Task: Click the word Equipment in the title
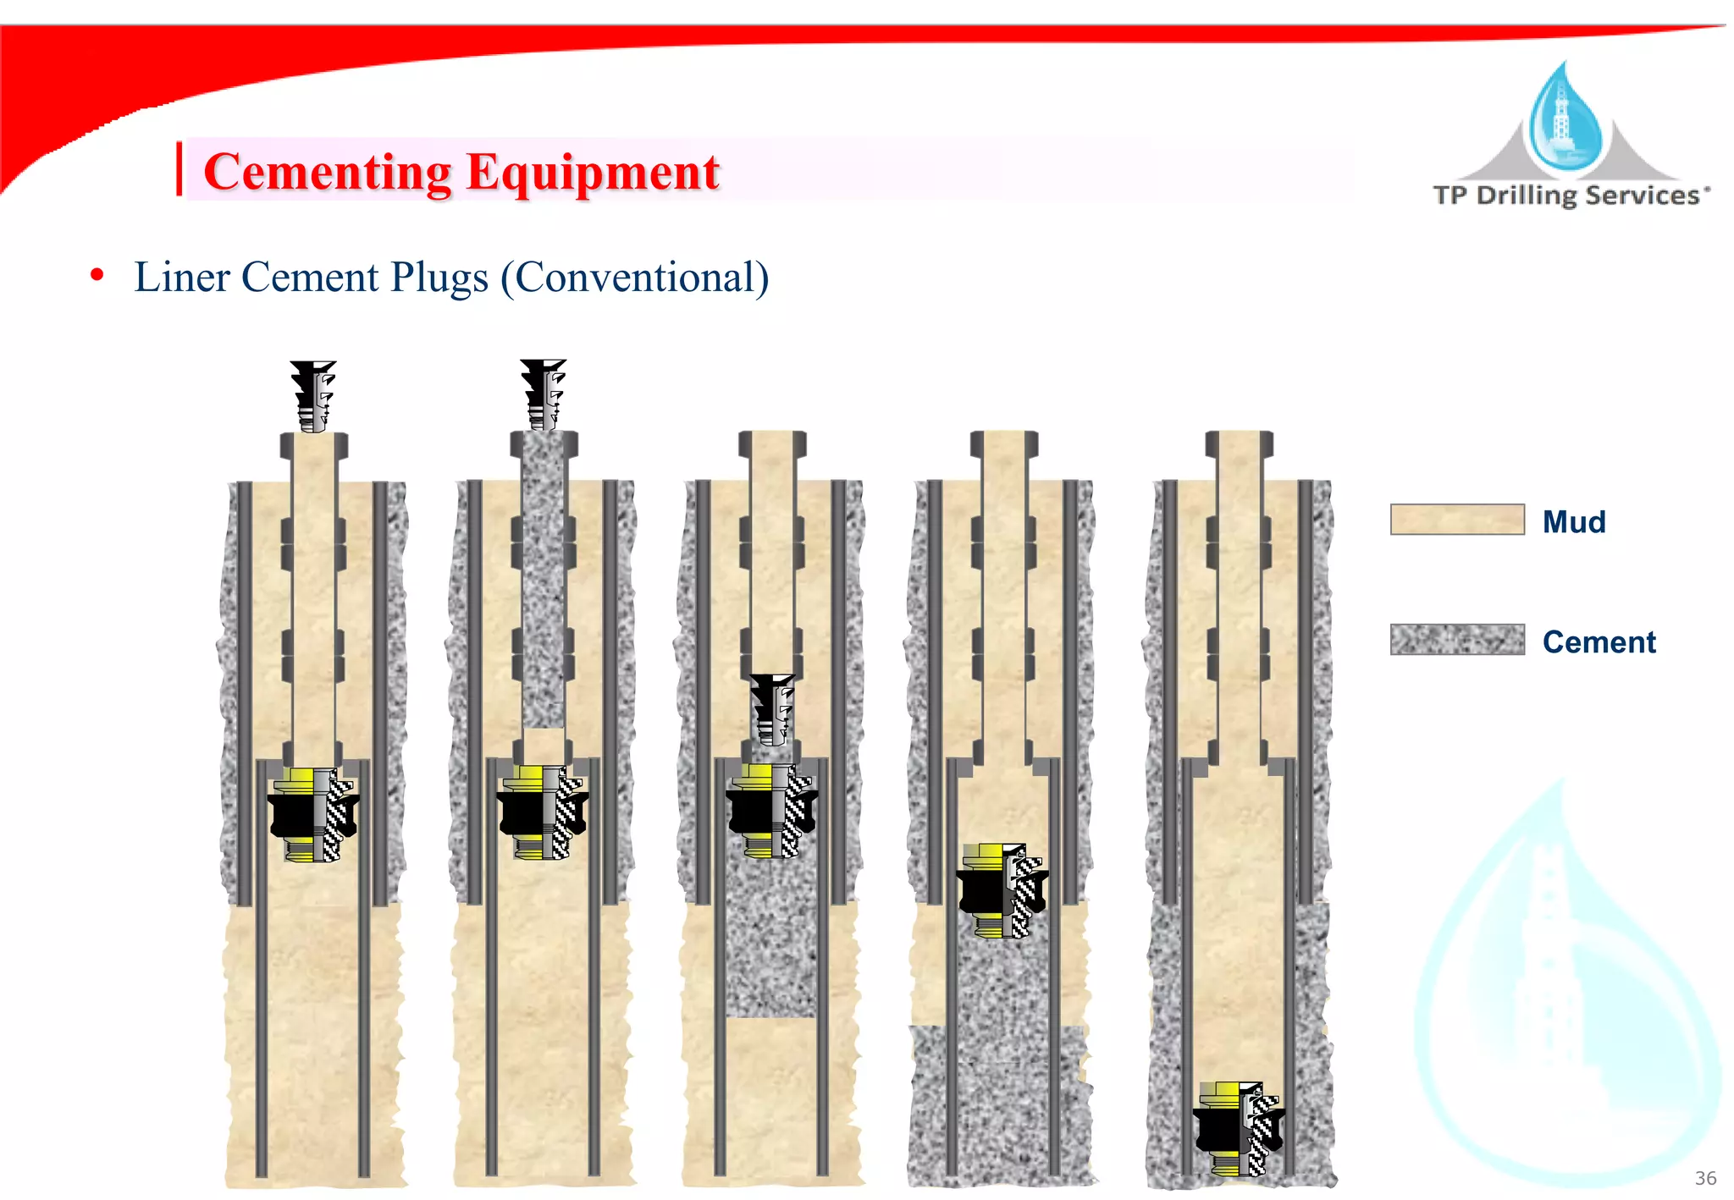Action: click(x=592, y=173)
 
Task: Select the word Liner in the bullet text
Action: click(x=181, y=278)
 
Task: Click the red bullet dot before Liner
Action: click(x=97, y=275)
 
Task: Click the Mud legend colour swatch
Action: click(x=1456, y=520)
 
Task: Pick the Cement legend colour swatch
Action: click(x=1456, y=640)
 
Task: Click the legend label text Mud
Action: click(x=1573, y=522)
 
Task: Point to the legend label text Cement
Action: click(x=1599, y=642)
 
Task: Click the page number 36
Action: click(x=1705, y=1178)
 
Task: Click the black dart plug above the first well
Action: click(x=313, y=395)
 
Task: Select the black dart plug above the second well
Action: click(x=543, y=394)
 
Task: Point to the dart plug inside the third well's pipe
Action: click(x=772, y=708)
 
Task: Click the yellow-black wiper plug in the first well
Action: click(x=313, y=815)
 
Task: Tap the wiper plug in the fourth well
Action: click(x=1002, y=890)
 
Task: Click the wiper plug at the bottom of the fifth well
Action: click(x=1239, y=1129)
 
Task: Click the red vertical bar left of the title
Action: click(x=179, y=169)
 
